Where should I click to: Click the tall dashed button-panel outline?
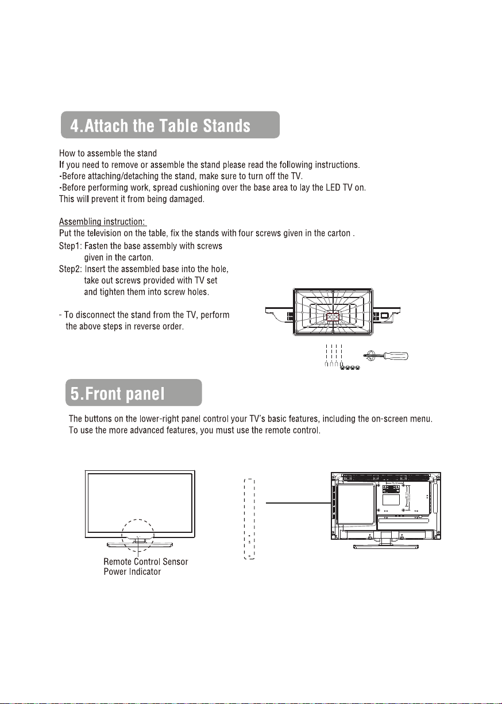coord(249,519)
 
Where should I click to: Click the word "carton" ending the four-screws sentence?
coord(336,233)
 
